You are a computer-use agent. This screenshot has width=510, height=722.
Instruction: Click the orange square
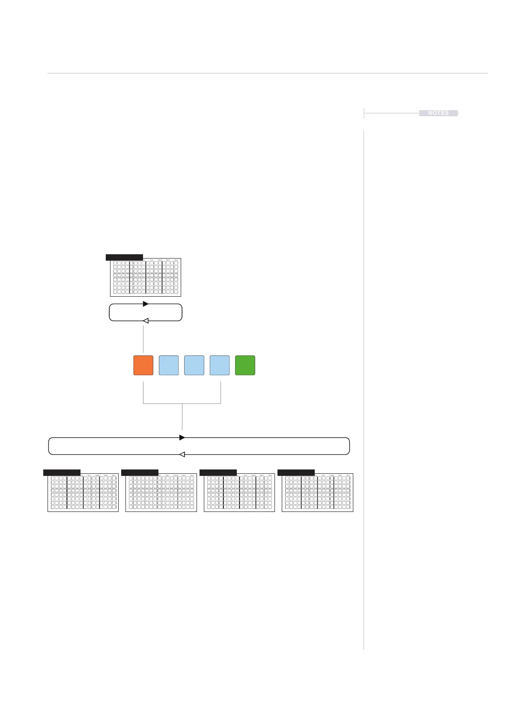[x=143, y=365]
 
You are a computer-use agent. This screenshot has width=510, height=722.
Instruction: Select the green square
[x=245, y=365]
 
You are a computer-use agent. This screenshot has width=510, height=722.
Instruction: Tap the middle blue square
[x=194, y=365]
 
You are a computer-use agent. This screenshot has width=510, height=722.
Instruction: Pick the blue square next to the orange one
[x=169, y=365]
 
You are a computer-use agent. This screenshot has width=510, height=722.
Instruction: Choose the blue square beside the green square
[x=220, y=365]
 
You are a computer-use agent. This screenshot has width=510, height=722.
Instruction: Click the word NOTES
[x=438, y=113]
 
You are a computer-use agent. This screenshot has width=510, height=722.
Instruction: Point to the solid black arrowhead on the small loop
[x=146, y=304]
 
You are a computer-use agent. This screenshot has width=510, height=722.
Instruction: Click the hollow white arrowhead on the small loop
[x=146, y=321]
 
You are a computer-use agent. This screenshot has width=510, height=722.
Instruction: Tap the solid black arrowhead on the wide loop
[x=182, y=438]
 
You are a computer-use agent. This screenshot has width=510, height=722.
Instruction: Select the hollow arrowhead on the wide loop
[x=182, y=454]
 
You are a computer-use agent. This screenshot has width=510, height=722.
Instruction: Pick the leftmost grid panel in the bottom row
[x=83, y=493]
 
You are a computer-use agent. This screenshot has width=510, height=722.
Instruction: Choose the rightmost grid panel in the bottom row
[x=317, y=493]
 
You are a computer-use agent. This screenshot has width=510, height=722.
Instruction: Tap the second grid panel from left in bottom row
[x=161, y=493]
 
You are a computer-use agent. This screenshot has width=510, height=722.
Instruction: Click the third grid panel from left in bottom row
[x=239, y=493]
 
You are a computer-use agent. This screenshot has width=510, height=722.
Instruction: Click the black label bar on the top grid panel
[x=124, y=257]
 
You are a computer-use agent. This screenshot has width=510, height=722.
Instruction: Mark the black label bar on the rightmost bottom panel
[x=296, y=472]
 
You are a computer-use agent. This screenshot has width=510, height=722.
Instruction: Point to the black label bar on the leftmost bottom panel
[x=62, y=472]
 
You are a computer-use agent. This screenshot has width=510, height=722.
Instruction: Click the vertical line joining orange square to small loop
[x=143, y=339]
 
